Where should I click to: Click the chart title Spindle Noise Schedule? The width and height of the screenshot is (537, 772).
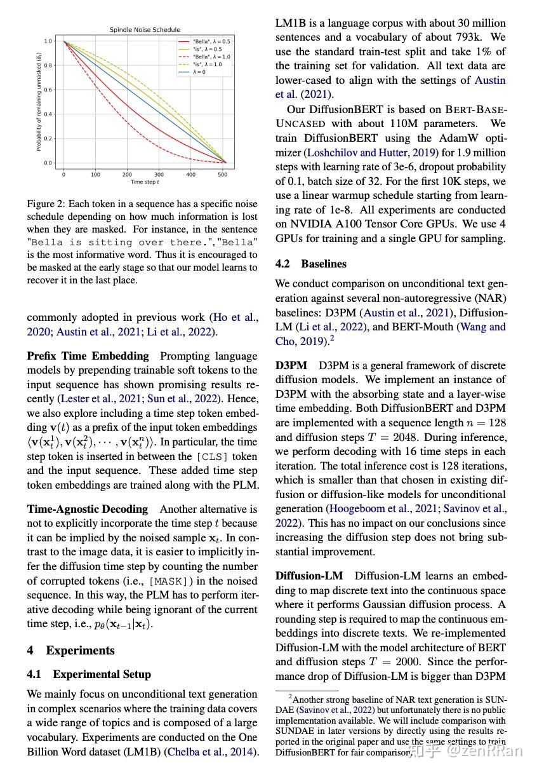pos(145,30)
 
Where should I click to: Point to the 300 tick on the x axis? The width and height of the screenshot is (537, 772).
pos(159,174)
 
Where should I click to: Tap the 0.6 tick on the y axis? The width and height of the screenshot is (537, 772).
pos(48,90)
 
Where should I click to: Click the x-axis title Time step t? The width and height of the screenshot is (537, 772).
pos(145,182)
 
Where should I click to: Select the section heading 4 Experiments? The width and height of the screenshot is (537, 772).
pos(70,650)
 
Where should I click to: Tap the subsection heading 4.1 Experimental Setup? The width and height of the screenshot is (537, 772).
pos(89,674)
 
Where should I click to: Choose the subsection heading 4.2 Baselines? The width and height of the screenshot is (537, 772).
pos(311,263)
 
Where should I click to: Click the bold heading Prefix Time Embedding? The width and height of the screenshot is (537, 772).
pos(88,356)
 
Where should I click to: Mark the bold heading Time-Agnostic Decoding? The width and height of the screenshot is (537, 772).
pos(87,509)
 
